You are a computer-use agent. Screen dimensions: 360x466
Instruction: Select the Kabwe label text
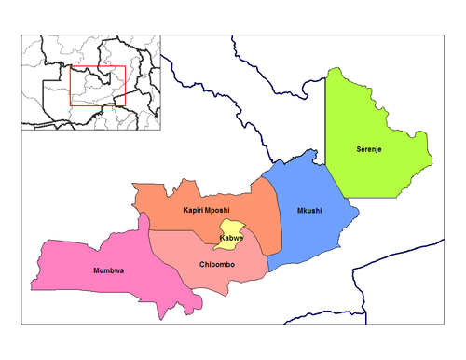231,239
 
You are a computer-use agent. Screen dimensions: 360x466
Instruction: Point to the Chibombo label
220,265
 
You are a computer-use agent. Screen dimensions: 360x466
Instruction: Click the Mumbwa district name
110,271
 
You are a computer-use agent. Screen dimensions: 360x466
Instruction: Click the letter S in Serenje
359,149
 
